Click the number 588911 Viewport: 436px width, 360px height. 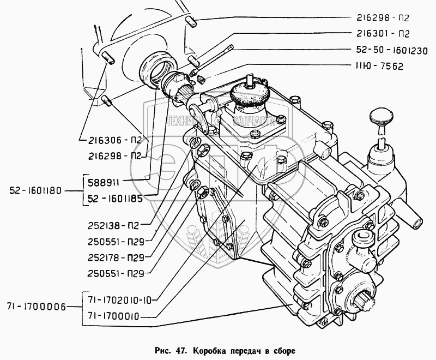click(107, 181)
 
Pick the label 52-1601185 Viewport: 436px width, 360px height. click(116, 199)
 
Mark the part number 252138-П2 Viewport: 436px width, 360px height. click(115, 225)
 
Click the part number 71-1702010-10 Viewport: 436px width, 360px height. click(120, 299)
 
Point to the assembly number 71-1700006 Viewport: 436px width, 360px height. click(37, 307)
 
